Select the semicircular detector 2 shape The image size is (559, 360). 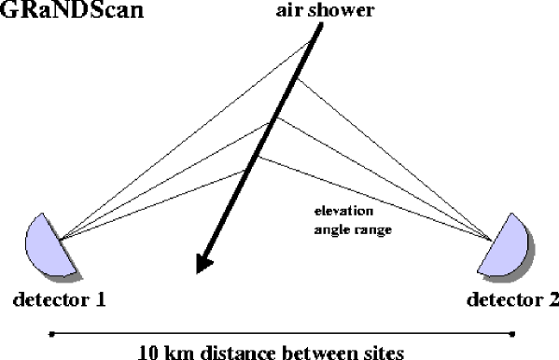pyautogui.click(x=511, y=245)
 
